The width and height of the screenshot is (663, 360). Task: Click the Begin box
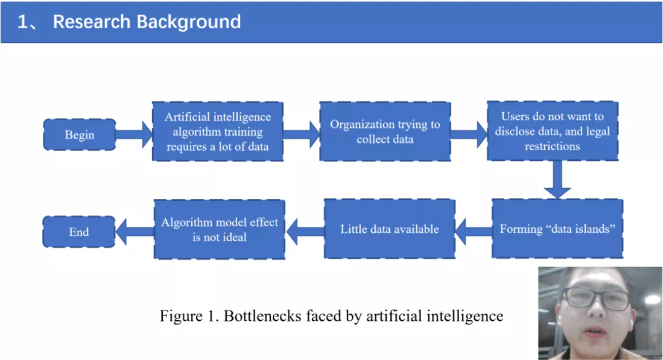point(80,135)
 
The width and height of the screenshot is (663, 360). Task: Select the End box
point(79,232)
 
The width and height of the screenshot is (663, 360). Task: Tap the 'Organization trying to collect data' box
point(385,131)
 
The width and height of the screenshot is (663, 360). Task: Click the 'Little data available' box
point(390,229)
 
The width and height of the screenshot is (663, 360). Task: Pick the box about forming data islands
point(557,229)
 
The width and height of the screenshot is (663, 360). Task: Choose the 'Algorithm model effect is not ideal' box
point(220,229)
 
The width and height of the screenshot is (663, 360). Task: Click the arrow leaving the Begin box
point(134,135)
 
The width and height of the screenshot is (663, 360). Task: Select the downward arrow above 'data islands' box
point(557,180)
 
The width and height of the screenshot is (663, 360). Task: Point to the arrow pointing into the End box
point(135,232)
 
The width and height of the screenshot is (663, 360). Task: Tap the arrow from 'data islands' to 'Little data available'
point(474,232)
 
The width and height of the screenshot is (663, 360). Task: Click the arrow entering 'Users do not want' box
point(469,134)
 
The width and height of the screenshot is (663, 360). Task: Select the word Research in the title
point(91,22)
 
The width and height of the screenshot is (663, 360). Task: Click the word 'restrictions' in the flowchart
point(552,146)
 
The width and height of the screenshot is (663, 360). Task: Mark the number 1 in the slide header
point(22,22)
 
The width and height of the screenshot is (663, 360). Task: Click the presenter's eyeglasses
point(598,297)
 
